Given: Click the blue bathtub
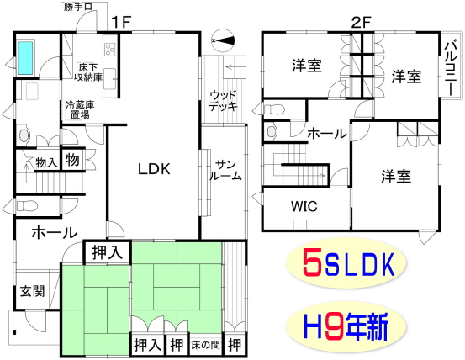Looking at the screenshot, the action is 25,58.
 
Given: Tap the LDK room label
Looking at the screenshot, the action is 154,169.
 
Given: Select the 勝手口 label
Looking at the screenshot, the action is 78,7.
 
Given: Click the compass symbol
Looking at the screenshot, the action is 223,40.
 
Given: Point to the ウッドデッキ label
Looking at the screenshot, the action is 223,101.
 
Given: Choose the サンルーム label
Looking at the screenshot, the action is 225,170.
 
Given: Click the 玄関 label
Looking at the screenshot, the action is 32,291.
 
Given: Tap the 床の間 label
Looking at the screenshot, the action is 206,345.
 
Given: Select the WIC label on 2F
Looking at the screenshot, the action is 304,206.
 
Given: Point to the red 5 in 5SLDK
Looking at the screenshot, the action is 313,262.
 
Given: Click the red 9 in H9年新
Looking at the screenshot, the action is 336,327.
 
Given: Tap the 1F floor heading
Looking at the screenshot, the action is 121,22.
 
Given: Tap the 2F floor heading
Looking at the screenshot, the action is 361,22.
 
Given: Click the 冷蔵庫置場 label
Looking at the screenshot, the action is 80,109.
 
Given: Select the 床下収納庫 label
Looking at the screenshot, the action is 87,72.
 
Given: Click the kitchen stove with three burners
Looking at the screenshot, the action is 110,50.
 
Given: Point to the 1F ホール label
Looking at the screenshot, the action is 55,233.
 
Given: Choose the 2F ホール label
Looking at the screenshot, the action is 327,134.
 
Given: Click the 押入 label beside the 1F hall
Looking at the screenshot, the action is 107,252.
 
